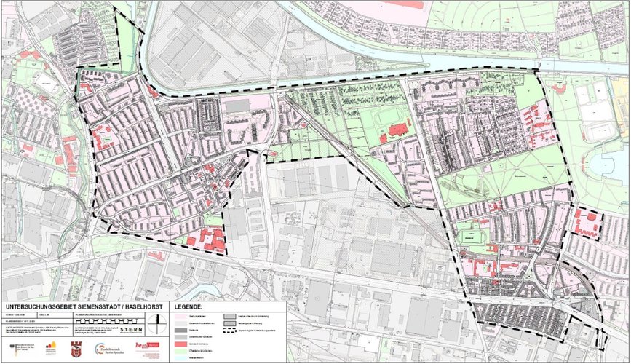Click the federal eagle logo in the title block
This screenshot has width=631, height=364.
(8, 350)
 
